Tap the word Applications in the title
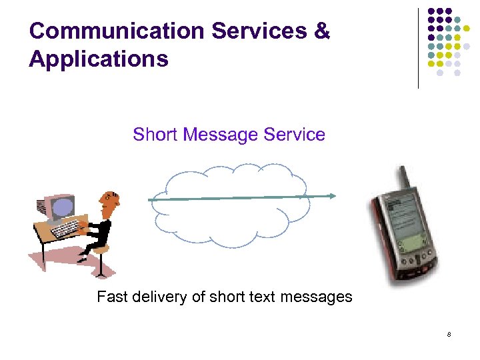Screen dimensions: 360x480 [99, 59]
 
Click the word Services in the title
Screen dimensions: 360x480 [259, 31]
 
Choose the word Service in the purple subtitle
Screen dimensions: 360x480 [294, 135]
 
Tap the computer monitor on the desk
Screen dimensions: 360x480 [61, 207]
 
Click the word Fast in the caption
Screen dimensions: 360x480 [112, 297]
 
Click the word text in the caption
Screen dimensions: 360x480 [260, 297]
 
